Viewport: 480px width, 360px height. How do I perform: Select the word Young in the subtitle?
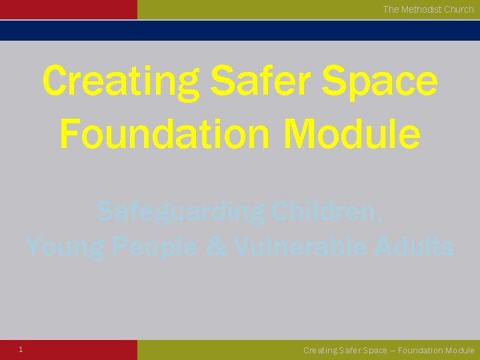click(x=65, y=247)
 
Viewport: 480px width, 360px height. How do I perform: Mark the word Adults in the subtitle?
click(x=413, y=247)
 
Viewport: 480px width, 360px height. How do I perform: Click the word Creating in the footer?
click(x=321, y=351)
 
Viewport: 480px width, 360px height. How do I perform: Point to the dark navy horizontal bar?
click(x=240, y=31)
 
